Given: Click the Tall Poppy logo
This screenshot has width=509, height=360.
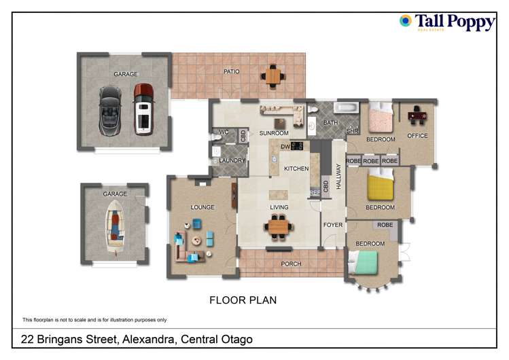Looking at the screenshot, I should tap(448, 22).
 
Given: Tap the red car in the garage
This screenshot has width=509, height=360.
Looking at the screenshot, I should tap(143, 109).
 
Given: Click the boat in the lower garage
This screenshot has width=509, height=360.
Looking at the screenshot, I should tap(115, 226).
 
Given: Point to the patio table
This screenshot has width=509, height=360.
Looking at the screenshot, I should tap(273, 75).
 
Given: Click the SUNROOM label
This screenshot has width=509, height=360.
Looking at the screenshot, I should tap(274, 133).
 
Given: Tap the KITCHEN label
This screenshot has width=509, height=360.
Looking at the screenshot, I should tap(296, 168).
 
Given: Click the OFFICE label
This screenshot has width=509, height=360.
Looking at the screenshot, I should tap(417, 136).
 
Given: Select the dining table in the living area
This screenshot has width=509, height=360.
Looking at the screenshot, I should tap(279, 227).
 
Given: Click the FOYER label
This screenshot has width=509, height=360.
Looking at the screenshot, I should tap(333, 225).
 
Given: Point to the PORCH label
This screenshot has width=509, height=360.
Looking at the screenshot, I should tap(291, 264).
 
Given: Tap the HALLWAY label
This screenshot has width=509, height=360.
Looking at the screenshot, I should tap(338, 176).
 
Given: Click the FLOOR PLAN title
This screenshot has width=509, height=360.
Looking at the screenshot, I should tap(243, 300).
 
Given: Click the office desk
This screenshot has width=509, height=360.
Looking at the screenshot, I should tap(417, 115).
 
